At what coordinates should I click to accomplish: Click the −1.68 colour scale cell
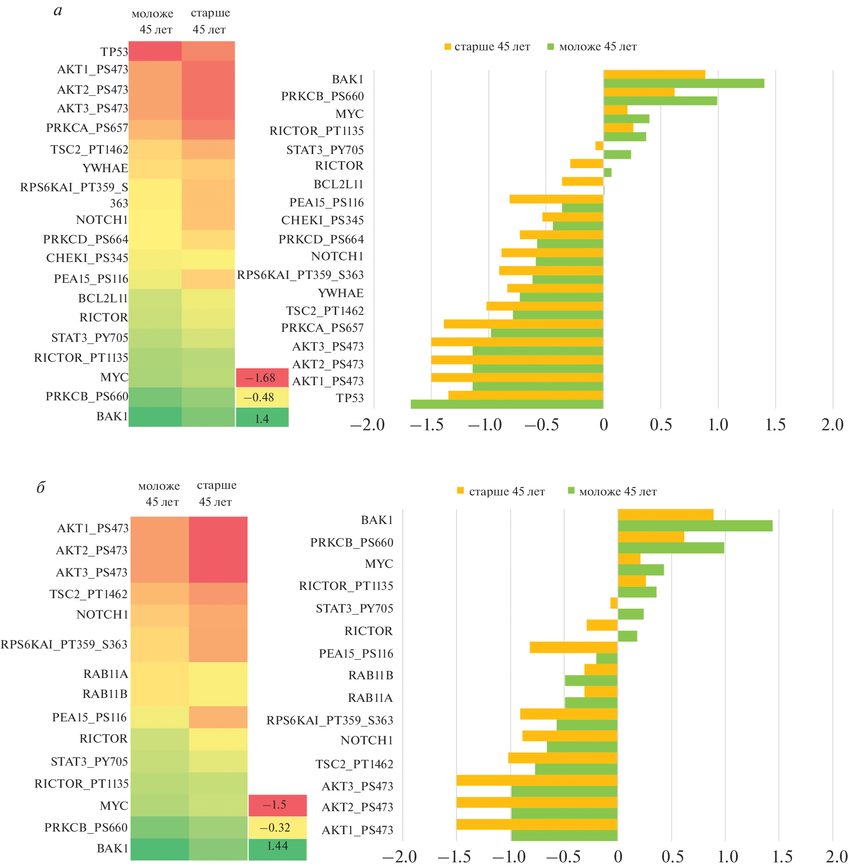click(x=262, y=378)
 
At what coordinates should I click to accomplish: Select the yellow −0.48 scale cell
click(x=262, y=397)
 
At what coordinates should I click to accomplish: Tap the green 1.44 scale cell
click(x=278, y=846)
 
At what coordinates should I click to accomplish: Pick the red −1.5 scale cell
click(x=278, y=805)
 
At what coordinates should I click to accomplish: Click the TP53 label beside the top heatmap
click(x=114, y=52)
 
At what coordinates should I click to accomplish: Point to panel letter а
click(x=58, y=10)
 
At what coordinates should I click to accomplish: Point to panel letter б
click(x=40, y=487)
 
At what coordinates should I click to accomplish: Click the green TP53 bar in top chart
click(x=506, y=404)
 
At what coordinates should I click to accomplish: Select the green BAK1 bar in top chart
click(x=683, y=83)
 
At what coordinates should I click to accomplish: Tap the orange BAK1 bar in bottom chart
click(x=665, y=514)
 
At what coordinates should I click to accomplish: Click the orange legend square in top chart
click(x=448, y=47)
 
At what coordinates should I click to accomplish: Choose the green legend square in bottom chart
click(x=571, y=491)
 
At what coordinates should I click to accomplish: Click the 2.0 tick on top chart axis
click(x=832, y=425)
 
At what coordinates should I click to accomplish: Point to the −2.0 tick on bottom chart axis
click(x=399, y=856)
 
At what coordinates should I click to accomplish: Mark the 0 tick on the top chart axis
click(x=603, y=425)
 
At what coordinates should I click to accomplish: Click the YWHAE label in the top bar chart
click(x=340, y=293)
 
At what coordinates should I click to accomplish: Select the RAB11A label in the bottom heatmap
click(x=105, y=674)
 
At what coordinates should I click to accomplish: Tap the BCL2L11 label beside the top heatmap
click(x=103, y=298)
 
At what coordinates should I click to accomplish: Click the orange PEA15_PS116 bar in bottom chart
click(x=573, y=647)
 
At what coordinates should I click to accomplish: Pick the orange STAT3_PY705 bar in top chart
click(x=599, y=146)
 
